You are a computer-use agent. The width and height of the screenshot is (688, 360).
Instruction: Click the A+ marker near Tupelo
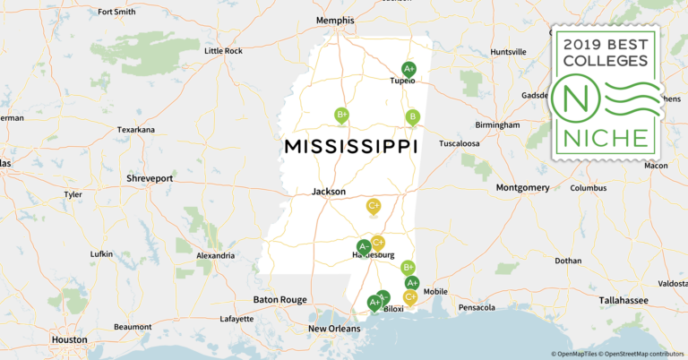[408, 68]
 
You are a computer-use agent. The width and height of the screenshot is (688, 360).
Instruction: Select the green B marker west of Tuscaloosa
[412, 116]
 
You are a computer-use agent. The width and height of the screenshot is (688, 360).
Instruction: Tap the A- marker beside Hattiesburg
[364, 246]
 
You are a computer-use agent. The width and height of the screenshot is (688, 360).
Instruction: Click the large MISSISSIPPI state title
[350, 146]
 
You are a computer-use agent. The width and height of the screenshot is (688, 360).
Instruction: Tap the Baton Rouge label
[280, 299]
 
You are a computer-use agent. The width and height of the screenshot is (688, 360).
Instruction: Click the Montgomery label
[522, 187]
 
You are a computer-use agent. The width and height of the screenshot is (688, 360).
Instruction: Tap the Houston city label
[69, 339]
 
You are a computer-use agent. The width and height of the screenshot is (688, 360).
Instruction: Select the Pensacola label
[476, 307]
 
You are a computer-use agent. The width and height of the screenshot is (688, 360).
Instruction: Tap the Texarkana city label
[136, 130]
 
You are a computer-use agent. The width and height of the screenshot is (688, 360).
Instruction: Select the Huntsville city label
[508, 51]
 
